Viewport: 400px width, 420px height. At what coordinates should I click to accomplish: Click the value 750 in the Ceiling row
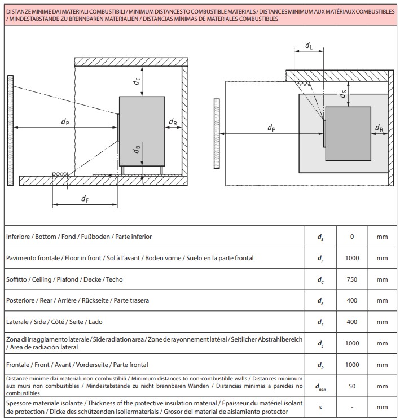[352, 279]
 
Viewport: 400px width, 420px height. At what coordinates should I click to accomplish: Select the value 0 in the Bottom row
[352, 237]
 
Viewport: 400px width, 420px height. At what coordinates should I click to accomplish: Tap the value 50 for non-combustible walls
[352, 386]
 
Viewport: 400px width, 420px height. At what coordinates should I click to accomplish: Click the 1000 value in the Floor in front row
[352, 258]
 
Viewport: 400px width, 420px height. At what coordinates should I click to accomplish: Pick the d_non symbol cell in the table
[320, 387]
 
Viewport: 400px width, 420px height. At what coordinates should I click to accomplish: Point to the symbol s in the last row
[320, 408]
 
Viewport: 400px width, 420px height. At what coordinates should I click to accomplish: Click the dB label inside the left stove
[137, 149]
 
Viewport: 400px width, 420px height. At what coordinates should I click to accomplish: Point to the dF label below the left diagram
[85, 199]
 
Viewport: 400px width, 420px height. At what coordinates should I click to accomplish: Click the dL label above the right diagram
[309, 46]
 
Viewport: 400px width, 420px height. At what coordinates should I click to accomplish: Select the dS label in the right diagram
[342, 94]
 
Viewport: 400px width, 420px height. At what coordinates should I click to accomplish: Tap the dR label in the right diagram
[379, 128]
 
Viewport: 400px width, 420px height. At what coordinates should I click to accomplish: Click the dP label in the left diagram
[65, 121]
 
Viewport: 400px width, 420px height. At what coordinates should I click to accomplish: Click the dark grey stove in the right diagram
[348, 134]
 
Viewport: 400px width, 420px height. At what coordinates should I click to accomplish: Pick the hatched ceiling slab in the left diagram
[131, 62]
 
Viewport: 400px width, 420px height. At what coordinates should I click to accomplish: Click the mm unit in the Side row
[382, 322]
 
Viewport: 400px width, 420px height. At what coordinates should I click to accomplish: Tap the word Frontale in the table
[17, 365]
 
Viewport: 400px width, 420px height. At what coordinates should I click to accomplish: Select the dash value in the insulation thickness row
[352, 408]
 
